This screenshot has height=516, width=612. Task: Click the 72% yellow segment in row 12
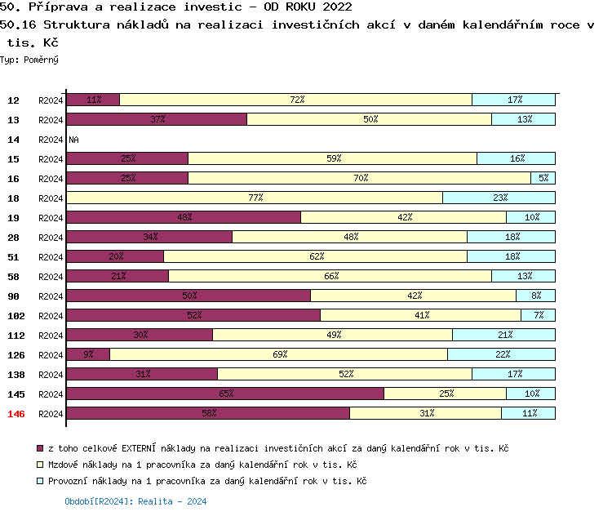click(296, 100)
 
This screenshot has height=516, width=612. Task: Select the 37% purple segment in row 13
click(157, 119)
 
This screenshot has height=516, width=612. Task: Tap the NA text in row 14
click(73, 140)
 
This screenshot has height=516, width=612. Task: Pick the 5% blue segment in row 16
click(543, 178)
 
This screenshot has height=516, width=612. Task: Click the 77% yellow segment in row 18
click(255, 198)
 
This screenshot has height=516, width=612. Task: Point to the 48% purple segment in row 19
click(184, 217)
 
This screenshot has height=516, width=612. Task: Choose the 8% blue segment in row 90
click(535, 296)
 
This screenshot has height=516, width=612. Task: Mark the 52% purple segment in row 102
click(193, 315)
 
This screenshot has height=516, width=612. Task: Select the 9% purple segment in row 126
click(88, 354)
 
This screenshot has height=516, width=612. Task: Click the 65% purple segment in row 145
click(225, 394)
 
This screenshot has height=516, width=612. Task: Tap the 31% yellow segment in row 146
click(426, 413)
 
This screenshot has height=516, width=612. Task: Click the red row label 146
click(16, 414)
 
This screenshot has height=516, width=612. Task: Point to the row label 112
click(16, 336)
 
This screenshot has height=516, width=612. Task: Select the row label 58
click(14, 277)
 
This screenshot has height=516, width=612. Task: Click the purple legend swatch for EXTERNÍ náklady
click(40, 448)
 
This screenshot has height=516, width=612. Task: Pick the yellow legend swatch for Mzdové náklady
click(40, 465)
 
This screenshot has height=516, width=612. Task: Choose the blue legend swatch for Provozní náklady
click(40, 481)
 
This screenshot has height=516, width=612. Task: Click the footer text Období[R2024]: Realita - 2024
click(135, 501)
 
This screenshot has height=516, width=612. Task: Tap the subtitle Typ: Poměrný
click(29, 60)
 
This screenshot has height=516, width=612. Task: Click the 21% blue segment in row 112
click(504, 335)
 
